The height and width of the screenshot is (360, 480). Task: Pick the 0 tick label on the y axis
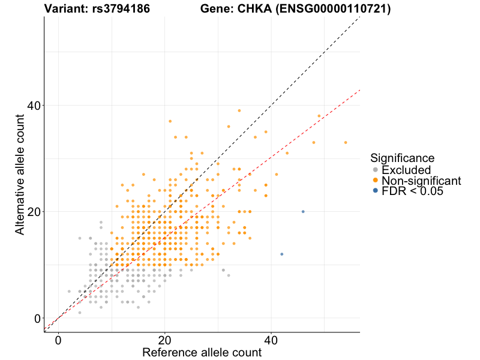pos(37,318)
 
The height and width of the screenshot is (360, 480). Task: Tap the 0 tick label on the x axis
pos(58,340)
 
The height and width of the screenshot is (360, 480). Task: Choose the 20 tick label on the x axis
pos(164,340)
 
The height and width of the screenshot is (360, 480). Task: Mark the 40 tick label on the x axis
pos(271,340)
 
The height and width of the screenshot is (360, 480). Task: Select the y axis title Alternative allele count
pos(19,174)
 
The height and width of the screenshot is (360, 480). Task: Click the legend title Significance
pos(402,158)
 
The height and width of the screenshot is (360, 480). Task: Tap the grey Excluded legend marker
pos(376,170)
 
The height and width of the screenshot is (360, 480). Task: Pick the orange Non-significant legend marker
pos(376,181)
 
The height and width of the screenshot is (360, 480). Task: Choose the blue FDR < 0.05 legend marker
pos(376,191)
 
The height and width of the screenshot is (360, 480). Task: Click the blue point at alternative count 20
pos(303,212)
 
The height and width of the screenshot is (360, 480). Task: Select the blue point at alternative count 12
pos(281,254)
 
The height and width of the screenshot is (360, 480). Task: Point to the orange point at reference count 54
pos(346,143)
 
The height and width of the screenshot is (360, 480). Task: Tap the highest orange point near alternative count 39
pos(239,110)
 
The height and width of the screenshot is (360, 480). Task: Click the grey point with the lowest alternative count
pos(80,313)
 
